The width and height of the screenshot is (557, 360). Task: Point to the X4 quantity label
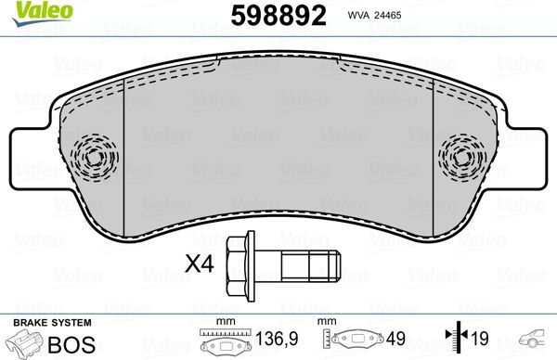tap(200, 265)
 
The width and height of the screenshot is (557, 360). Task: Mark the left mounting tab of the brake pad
tap(35, 155)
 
